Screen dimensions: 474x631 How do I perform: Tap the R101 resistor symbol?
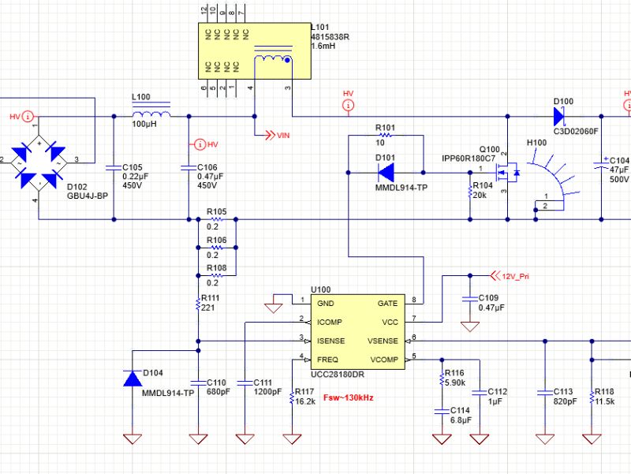[x=386, y=136]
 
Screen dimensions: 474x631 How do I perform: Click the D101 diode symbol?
[x=386, y=170]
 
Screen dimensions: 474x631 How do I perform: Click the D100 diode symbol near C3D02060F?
[x=559, y=116]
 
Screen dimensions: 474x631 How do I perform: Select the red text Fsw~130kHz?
[x=347, y=398]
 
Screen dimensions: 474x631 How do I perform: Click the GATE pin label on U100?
[x=386, y=303]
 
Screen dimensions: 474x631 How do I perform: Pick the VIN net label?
[x=283, y=136]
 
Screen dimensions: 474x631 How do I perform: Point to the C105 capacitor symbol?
[x=114, y=168]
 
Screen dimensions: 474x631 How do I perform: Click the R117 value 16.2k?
[x=305, y=401]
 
